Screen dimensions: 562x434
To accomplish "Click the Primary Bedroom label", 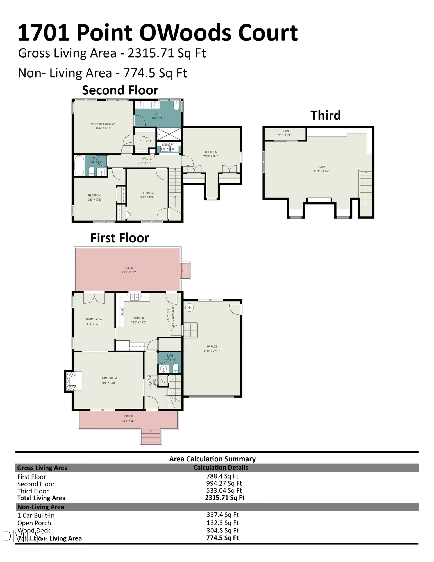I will (x=103, y=124).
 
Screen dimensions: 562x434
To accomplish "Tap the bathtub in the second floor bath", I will (x=79, y=166).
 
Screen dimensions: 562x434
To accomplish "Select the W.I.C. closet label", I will (x=146, y=137).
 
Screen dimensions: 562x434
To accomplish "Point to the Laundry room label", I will (x=168, y=145).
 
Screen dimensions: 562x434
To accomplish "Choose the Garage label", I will (x=212, y=346).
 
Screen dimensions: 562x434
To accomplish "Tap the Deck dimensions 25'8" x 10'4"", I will (x=129, y=272).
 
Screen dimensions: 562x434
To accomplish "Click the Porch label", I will (x=129, y=416).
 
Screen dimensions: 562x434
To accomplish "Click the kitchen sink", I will (x=135, y=297).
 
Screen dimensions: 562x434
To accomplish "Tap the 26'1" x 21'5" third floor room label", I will (x=321, y=171).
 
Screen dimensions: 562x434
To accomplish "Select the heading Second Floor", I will (x=120, y=90).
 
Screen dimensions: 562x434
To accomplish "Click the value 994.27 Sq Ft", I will (x=224, y=483).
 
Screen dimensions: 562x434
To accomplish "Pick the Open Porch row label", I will (x=34, y=523).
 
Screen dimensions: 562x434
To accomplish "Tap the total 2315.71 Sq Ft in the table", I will (x=225, y=498).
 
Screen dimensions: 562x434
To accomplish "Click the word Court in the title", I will (x=268, y=33).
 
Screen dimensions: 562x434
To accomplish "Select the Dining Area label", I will (x=94, y=319).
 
